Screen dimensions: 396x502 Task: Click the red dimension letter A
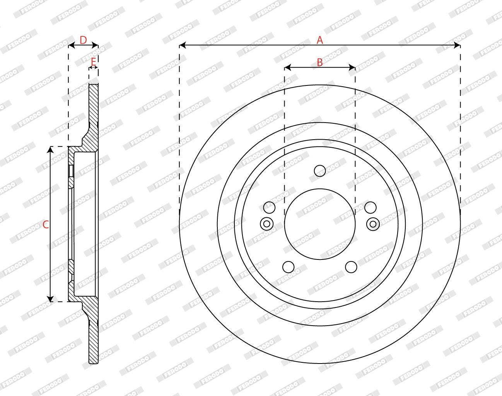pos(320,40)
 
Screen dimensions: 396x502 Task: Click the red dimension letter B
pos(320,62)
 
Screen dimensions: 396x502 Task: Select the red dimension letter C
pos(45,224)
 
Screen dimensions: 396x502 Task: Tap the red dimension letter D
pos(83,40)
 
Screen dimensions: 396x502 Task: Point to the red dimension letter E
pos(93,61)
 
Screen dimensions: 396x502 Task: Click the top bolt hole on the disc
pos(320,171)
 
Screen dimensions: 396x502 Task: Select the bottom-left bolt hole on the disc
pos(288,267)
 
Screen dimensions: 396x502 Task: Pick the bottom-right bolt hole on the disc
pos(351,267)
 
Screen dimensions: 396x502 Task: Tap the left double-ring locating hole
pos(266,224)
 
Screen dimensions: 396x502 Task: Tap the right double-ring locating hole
pos(373,224)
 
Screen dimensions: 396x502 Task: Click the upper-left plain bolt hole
pos(269,207)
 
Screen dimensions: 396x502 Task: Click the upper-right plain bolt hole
pos(371,207)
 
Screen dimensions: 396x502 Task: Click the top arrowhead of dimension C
pos(50,149)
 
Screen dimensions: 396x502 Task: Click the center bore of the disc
pos(320,224)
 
